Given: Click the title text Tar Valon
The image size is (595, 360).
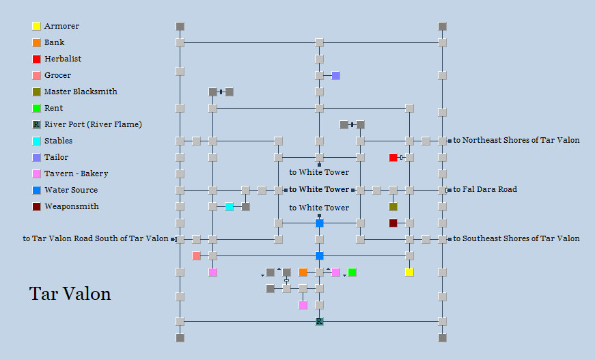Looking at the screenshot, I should [70, 294].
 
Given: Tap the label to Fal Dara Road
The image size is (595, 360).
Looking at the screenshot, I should [485, 189].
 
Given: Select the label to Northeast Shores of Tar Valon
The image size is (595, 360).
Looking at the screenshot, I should [516, 140].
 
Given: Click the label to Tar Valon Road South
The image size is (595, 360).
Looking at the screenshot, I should [95, 238].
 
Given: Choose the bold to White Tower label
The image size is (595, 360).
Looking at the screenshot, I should [319, 189].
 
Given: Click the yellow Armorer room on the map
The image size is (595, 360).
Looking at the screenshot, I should [409, 272].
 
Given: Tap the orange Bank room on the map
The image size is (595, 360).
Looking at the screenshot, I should [303, 272].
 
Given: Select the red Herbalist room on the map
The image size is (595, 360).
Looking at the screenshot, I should [393, 157].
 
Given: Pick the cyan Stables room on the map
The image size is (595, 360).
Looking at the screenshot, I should [229, 206].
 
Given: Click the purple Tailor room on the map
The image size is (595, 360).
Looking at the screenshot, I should [335, 75].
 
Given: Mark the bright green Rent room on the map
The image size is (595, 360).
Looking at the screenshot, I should [352, 272].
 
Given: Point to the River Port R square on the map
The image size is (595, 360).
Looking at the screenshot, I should [319, 321].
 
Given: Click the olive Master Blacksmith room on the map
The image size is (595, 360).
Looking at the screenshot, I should [393, 206].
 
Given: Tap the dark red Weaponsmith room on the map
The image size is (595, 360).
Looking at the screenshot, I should [393, 223].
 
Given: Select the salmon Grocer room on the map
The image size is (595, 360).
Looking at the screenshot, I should [196, 255].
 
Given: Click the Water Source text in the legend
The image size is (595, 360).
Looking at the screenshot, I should [71, 190].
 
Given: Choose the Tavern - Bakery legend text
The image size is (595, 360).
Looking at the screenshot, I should [76, 174].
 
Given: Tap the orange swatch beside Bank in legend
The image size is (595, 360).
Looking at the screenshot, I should [36, 42].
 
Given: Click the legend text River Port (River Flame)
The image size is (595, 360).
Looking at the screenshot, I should [93, 124].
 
